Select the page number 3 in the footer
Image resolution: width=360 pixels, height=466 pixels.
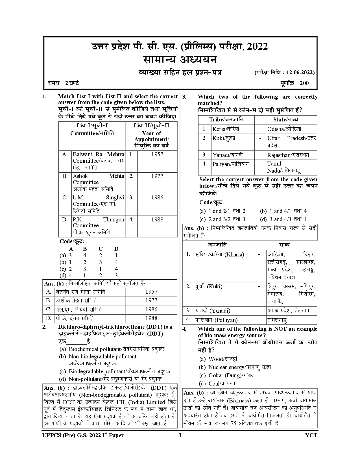(180, 435)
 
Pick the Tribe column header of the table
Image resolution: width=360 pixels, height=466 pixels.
(226, 120)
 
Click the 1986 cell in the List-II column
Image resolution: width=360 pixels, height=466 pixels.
(157, 198)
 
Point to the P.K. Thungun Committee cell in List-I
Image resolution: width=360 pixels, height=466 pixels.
(98, 226)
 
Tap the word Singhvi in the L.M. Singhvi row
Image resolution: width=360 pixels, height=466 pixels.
(115, 198)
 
